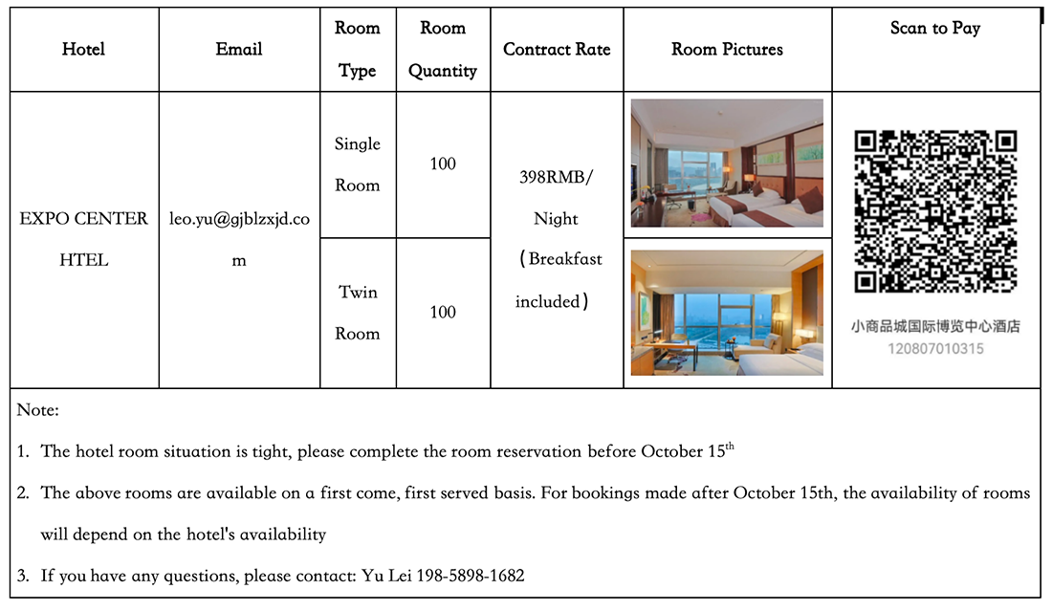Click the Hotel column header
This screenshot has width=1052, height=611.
pos(83,50)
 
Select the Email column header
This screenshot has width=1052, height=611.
pos(239,50)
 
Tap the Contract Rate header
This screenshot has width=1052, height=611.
pos(557,50)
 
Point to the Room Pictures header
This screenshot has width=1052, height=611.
pos(727,50)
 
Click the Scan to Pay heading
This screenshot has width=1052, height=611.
pos(935,29)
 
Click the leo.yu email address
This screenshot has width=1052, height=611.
pos(239,219)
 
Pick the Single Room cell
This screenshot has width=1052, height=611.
pos(358,164)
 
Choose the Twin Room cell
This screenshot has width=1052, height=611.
pos(358,313)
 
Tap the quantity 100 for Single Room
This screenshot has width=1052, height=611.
pos(443,164)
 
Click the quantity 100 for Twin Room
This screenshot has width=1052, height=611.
pos(443,313)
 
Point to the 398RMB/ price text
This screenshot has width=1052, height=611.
pos(557,177)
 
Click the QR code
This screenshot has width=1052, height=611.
pos(935,210)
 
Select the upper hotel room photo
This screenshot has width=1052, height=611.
pos(727,163)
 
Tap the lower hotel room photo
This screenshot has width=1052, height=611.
pos(727,312)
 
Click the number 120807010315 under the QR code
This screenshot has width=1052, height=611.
pos(935,349)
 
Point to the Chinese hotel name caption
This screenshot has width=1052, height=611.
pos(935,327)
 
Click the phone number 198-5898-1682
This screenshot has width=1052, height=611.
pos(471,576)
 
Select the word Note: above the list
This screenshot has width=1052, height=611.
pos(38,410)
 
